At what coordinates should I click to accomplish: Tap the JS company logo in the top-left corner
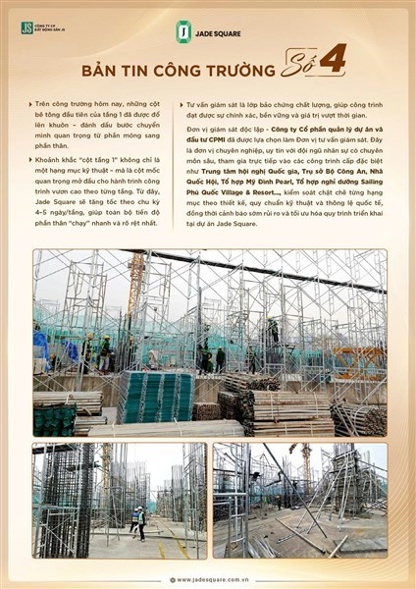(x=26, y=27)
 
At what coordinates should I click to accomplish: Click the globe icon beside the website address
(x=172, y=579)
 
